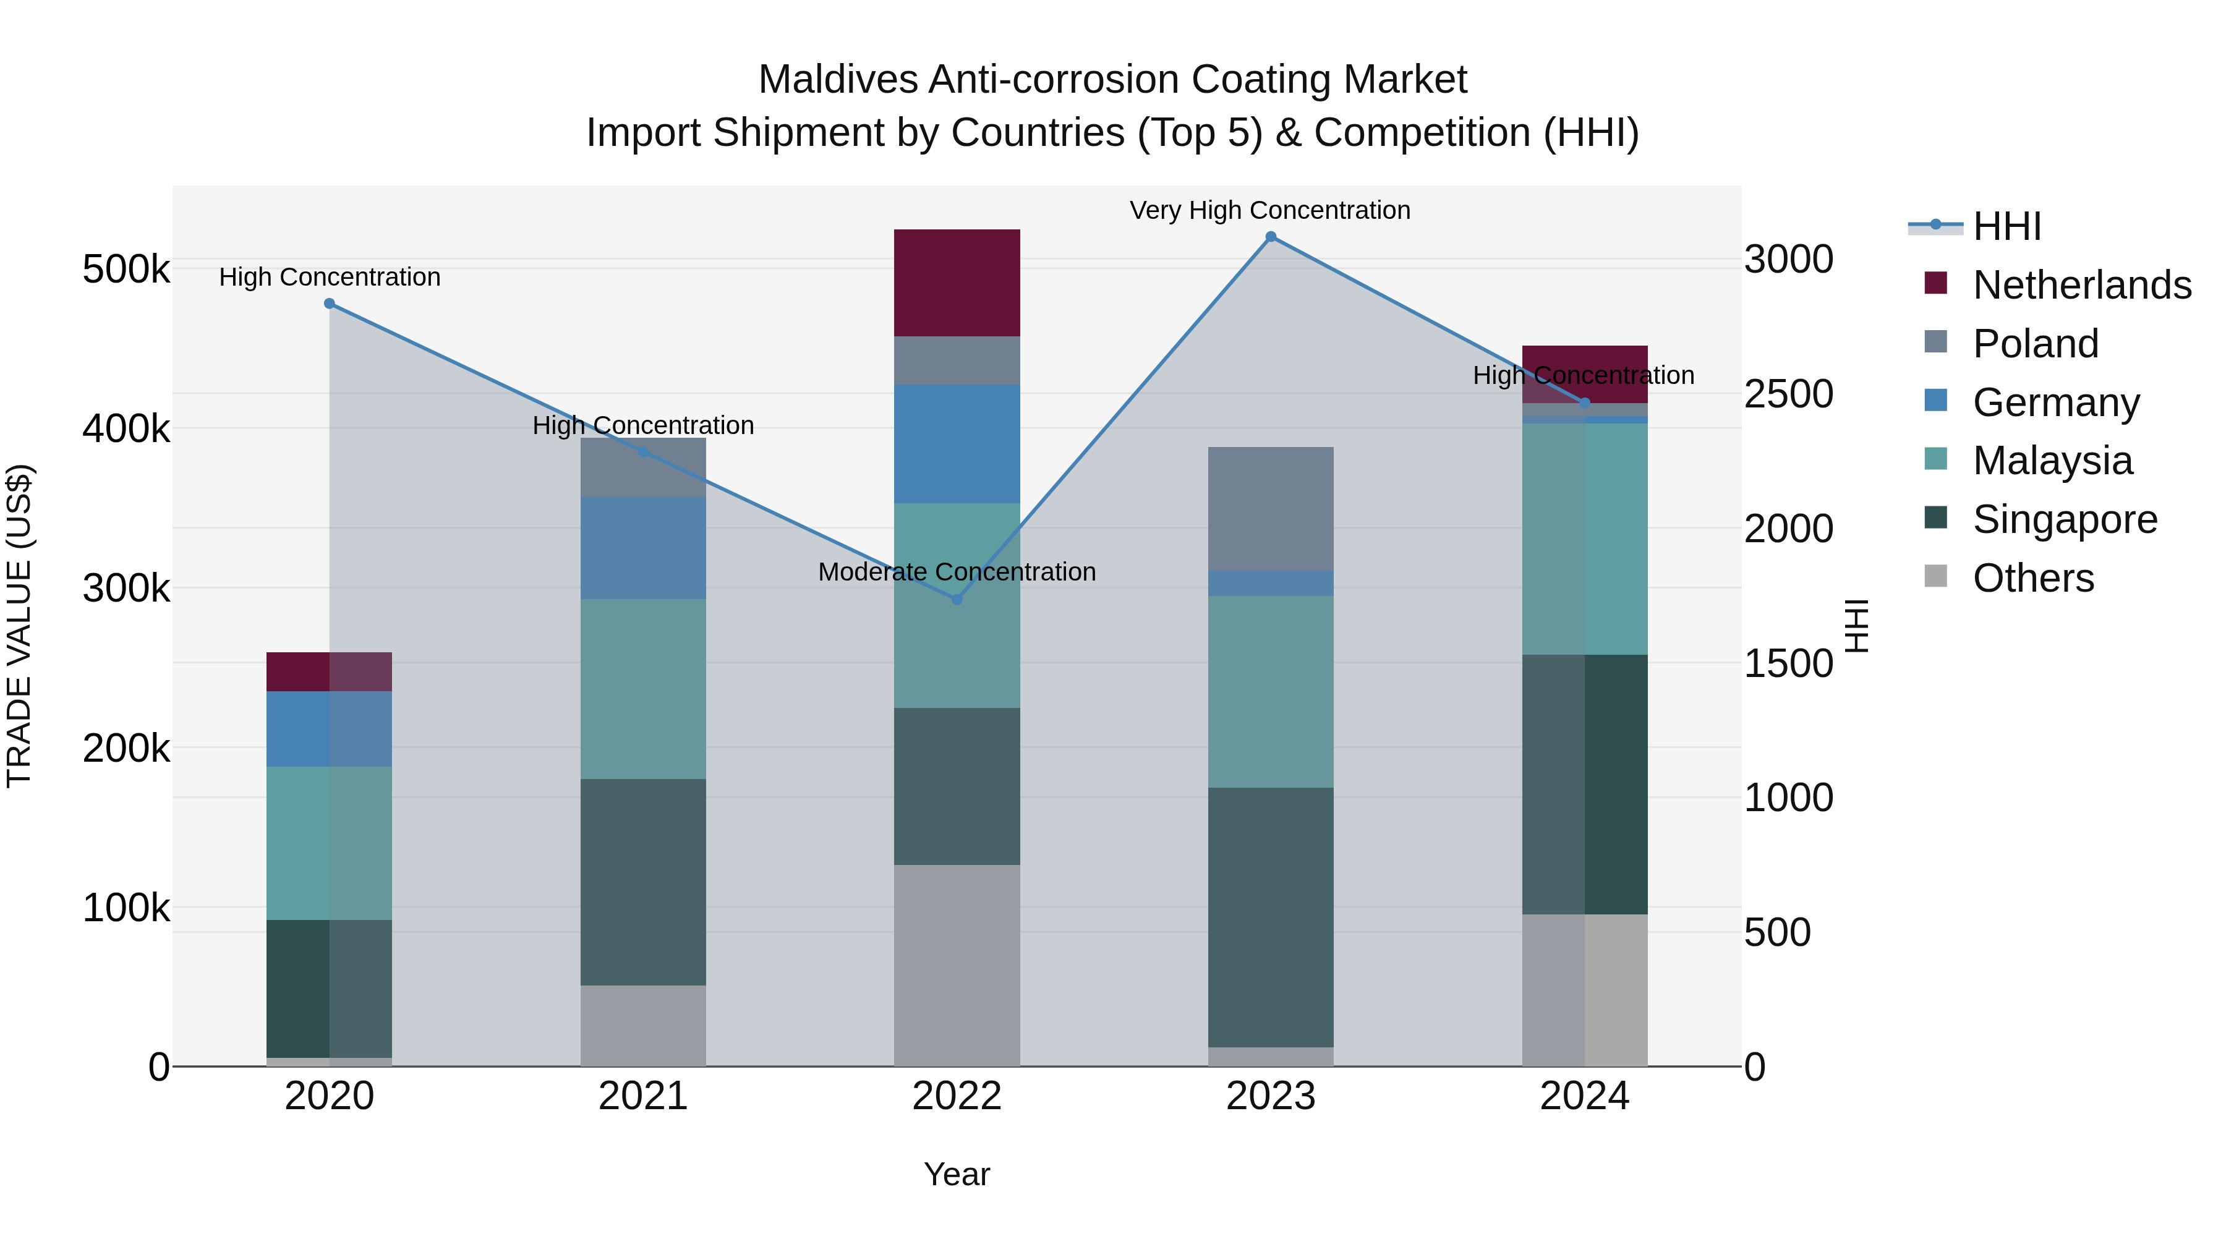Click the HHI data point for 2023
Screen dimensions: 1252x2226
pyautogui.click(x=1270, y=237)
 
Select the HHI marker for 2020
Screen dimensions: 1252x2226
pyautogui.click(x=329, y=304)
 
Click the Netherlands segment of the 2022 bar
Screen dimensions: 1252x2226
pyautogui.click(x=957, y=283)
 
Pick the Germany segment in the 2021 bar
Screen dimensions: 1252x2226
pyautogui.click(x=643, y=548)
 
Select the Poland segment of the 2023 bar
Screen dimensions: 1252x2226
pyautogui.click(x=1270, y=509)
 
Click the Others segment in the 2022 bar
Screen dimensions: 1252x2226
pyautogui.click(x=957, y=965)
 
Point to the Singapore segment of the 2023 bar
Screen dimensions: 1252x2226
pyautogui.click(x=1270, y=917)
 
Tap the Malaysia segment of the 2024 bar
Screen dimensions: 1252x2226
pyautogui.click(x=1584, y=539)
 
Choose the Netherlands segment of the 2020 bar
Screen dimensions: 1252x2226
pyautogui.click(x=329, y=671)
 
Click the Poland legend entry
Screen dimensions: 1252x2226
pyautogui.click(x=2035, y=344)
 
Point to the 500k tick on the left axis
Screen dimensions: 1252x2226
pyautogui.click(x=126, y=270)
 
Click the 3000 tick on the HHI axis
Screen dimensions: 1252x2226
pyautogui.click(x=1788, y=259)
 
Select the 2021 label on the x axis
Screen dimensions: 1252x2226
pyautogui.click(x=643, y=1096)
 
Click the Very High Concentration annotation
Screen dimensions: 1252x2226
pyautogui.click(x=1269, y=210)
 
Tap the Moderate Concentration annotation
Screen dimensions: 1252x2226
pyautogui.click(x=957, y=572)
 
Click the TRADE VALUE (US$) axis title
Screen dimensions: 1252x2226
pyautogui.click(x=20, y=626)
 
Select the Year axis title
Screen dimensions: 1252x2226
pyautogui.click(x=957, y=1174)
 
